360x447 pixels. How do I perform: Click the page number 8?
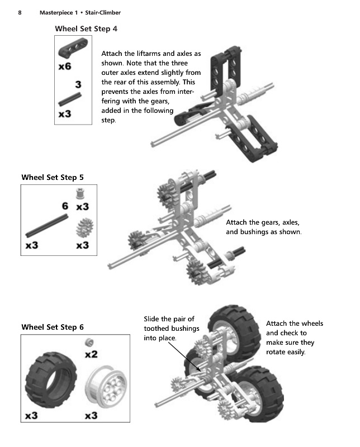click(20, 12)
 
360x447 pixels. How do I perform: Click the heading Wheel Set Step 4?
click(86, 29)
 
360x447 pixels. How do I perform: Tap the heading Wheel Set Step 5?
click(53, 177)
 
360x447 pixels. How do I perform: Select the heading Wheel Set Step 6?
click(53, 327)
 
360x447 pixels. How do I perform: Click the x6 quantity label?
click(65, 66)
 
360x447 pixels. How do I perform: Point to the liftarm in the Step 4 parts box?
click(73, 47)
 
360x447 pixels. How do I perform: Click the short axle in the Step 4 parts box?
click(70, 99)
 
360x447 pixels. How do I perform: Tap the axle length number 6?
click(65, 206)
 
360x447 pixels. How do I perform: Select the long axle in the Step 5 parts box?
click(47, 226)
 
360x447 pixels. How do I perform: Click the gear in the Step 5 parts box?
click(85, 227)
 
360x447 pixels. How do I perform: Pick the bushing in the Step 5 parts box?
click(81, 194)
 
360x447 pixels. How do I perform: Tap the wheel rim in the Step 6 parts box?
click(106, 387)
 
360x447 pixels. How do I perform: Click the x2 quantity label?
click(91, 354)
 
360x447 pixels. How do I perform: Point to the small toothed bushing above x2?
click(89, 342)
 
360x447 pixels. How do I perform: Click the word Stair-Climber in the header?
click(103, 12)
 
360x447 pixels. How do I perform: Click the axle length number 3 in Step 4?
click(78, 84)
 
